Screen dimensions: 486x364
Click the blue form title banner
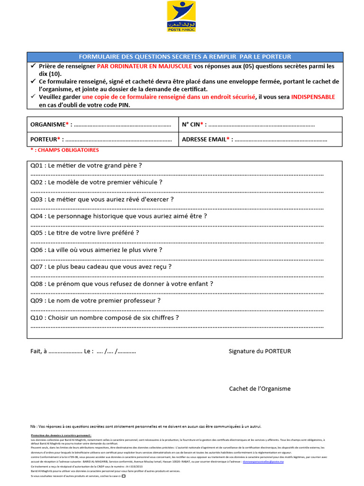pos(184,56)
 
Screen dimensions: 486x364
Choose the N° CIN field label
pos(193,124)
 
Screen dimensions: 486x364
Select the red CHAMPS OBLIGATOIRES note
pos(64,150)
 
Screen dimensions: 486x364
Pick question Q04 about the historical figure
pos(118,216)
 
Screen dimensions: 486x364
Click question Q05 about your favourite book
pos(85,233)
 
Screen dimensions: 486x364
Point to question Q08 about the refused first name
pos(122,284)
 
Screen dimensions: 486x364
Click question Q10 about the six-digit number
pos(105,318)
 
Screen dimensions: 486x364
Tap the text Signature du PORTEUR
pos(260,351)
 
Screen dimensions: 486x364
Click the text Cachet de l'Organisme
pos(260,389)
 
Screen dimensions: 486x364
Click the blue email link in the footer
pos(266,461)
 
